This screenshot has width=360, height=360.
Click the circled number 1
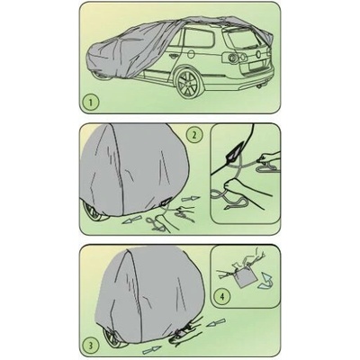(x=92, y=103)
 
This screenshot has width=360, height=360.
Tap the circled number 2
(x=194, y=135)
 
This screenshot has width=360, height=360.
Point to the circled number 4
(x=222, y=297)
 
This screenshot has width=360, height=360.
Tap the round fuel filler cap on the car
(x=191, y=55)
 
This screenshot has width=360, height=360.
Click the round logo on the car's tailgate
(x=256, y=54)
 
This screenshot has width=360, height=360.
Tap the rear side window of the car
(x=199, y=39)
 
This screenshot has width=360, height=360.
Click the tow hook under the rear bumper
(x=258, y=86)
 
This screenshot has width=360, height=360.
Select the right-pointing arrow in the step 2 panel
(x=190, y=199)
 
